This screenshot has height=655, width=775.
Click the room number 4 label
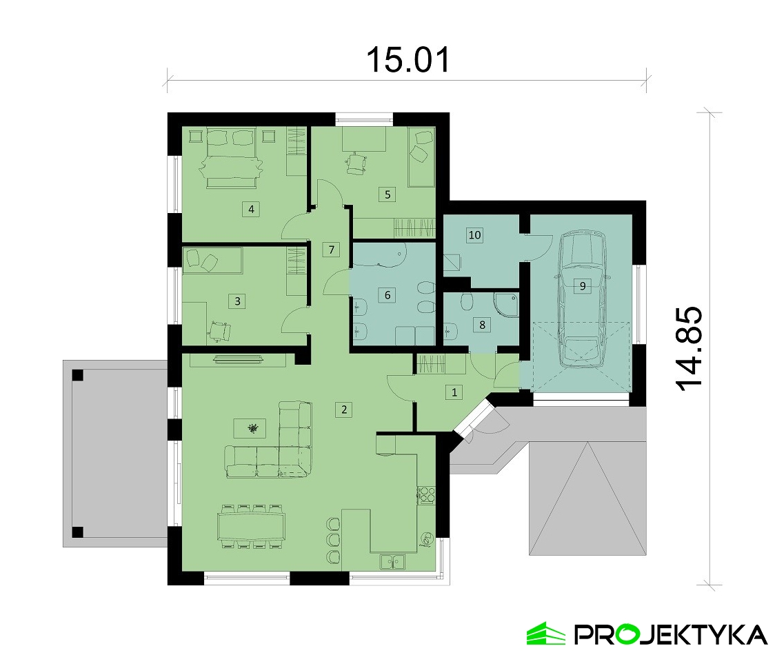[251, 209]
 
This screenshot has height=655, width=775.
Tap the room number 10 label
[474, 235]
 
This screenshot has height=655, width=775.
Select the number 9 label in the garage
[582, 285]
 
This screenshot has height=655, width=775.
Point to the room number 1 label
[454, 392]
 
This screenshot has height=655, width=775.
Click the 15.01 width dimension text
[407, 60]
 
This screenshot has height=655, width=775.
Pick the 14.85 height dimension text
[689, 348]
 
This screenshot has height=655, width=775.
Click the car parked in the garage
[583, 299]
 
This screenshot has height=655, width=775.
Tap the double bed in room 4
[231, 158]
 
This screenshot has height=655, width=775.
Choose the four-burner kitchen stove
[427, 495]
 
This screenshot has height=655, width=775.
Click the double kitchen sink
[392, 561]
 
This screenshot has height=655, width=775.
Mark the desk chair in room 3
[219, 331]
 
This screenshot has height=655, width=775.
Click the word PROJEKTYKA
[671, 634]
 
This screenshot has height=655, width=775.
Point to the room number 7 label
[331, 250]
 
